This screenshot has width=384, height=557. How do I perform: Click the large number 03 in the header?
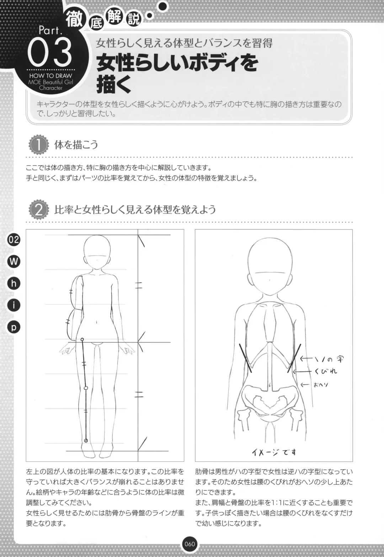click(49, 51)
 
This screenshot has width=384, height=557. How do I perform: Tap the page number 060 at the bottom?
click(190, 543)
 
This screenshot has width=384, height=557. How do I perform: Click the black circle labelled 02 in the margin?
click(14, 240)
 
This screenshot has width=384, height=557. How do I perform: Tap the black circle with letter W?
click(14, 261)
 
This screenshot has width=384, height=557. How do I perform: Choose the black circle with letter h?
click(14, 283)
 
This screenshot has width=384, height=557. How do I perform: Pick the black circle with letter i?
click(14, 305)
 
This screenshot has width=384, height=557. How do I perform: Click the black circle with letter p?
click(14, 327)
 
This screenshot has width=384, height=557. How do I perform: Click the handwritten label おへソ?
click(321, 385)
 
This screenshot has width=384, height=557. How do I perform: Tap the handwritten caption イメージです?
click(274, 452)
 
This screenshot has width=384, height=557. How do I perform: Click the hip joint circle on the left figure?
click(82, 340)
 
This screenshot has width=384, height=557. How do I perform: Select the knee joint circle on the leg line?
click(86, 388)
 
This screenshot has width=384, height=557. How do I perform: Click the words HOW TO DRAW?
click(50, 75)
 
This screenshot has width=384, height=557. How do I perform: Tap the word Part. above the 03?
click(50, 31)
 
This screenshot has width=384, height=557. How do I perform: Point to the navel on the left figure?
click(96, 322)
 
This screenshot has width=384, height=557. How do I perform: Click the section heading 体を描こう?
click(76, 145)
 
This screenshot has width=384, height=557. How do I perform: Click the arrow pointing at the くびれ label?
click(302, 372)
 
